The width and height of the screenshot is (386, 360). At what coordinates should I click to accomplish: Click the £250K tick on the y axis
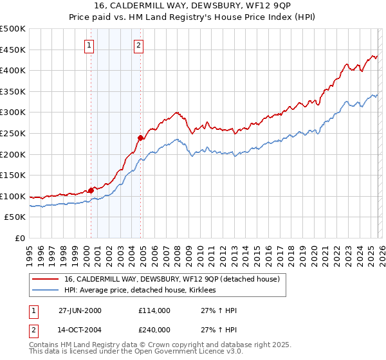pyautogui.click(x=13, y=133)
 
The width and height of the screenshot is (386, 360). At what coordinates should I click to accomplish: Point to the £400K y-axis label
pyautogui.click(x=13, y=70)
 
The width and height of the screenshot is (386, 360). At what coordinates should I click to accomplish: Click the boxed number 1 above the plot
pyautogui.click(x=88, y=45)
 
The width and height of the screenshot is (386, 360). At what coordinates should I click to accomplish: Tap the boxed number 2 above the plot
pyautogui.click(x=139, y=45)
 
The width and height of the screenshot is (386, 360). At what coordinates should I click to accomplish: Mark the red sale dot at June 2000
pyautogui.click(x=91, y=190)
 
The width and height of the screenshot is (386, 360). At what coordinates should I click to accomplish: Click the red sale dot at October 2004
pyautogui.click(x=140, y=137)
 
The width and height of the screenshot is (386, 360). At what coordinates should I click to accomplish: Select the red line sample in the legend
pyautogui.click(x=46, y=280)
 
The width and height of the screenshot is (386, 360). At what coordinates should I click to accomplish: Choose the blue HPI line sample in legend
pyautogui.click(x=46, y=291)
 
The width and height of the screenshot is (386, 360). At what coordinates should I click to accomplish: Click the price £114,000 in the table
pyautogui.click(x=154, y=310)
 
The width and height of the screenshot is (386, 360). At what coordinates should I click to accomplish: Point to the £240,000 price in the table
pyautogui.click(x=154, y=330)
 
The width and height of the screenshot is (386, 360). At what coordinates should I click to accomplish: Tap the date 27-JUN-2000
pyautogui.click(x=80, y=310)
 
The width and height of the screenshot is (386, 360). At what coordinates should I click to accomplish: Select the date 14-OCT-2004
pyautogui.click(x=80, y=330)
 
